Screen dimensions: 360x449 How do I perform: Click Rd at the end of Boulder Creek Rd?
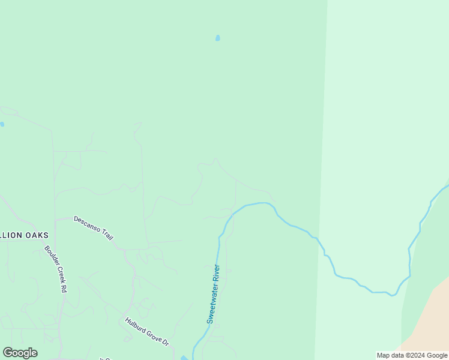click(64, 287)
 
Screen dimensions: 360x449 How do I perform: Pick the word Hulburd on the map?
click(136, 325)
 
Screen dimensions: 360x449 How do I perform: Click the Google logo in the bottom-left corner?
click(20, 353)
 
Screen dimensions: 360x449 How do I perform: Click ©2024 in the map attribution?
click(416, 355)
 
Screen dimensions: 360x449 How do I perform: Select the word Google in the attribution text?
click(437, 355)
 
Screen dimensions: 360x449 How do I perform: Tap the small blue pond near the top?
click(217, 38)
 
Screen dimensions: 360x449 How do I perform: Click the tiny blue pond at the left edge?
click(2, 124)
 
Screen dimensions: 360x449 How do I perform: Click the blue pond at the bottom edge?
click(184, 358)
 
